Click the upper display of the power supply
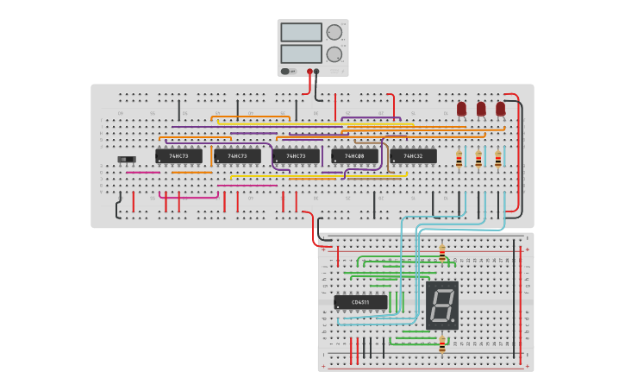(301, 32)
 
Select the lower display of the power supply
(301, 54)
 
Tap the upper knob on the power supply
(334, 33)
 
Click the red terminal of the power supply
(309, 72)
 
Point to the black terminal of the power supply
(316, 72)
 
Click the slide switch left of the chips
(127, 160)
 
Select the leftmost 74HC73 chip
(178, 156)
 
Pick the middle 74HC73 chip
(237, 156)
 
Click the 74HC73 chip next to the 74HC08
(296, 156)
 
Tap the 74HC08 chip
(354, 156)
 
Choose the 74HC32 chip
(413, 156)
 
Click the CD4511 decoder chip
(360, 302)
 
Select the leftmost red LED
(461, 108)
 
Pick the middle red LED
(481, 108)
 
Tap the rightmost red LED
(500, 108)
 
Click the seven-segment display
(442, 305)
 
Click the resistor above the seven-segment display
(442, 254)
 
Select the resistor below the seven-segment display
(442, 345)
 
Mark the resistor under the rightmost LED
(498, 160)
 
